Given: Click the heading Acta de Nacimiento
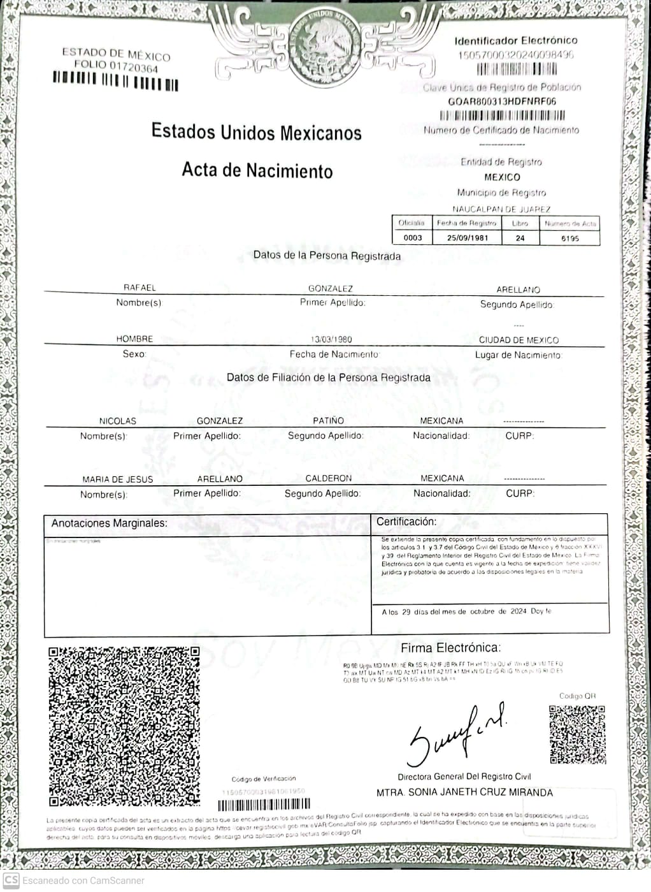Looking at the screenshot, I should tap(257, 170).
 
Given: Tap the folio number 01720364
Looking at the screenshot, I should tap(133, 67).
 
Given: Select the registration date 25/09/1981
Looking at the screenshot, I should tap(467, 238).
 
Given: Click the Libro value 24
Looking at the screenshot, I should tap(520, 238).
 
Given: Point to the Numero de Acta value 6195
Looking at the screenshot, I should tap(569, 238).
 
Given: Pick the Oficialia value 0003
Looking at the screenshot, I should tap(413, 238).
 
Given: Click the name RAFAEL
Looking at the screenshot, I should tap(139, 288).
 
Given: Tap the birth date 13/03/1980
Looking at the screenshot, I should tap(331, 339).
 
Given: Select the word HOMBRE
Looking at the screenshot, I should tap(134, 339).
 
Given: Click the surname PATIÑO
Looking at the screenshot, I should tap(328, 421).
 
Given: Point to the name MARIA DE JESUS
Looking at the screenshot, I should tap(117, 479).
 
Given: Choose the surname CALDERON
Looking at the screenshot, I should tap(328, 478).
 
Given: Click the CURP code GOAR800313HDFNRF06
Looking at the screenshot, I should tap(502, 101).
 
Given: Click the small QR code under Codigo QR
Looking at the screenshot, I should tap(577, 735).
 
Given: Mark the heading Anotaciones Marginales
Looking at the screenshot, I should tap(109, 523).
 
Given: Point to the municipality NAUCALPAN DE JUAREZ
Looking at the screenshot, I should tap(501, 209).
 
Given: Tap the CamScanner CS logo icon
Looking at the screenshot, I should tap(11, 881).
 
